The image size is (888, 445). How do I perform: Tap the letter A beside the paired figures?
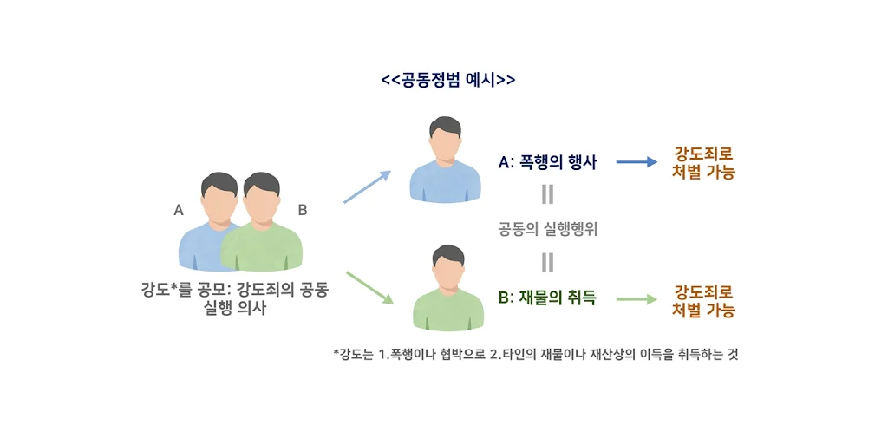[x=179, y=209]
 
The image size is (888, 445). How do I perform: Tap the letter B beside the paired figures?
[x=303, y=209]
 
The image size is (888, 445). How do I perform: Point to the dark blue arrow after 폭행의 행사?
[x=637, y=161]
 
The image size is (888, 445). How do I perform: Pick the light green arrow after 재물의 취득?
[x=637, y=299]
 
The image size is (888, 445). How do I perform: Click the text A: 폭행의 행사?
[x=547, y=161]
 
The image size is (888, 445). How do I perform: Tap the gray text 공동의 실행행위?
[x=547, y=230]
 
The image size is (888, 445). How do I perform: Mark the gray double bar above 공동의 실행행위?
[x=547, y=193]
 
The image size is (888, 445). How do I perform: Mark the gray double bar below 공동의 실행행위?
[x=547, y=262]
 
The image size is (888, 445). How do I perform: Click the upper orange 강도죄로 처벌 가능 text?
[x=704, y=162]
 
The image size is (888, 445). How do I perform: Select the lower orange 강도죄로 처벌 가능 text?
[x=704, y=300]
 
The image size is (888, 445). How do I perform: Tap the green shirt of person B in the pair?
[x=264, y=247]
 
